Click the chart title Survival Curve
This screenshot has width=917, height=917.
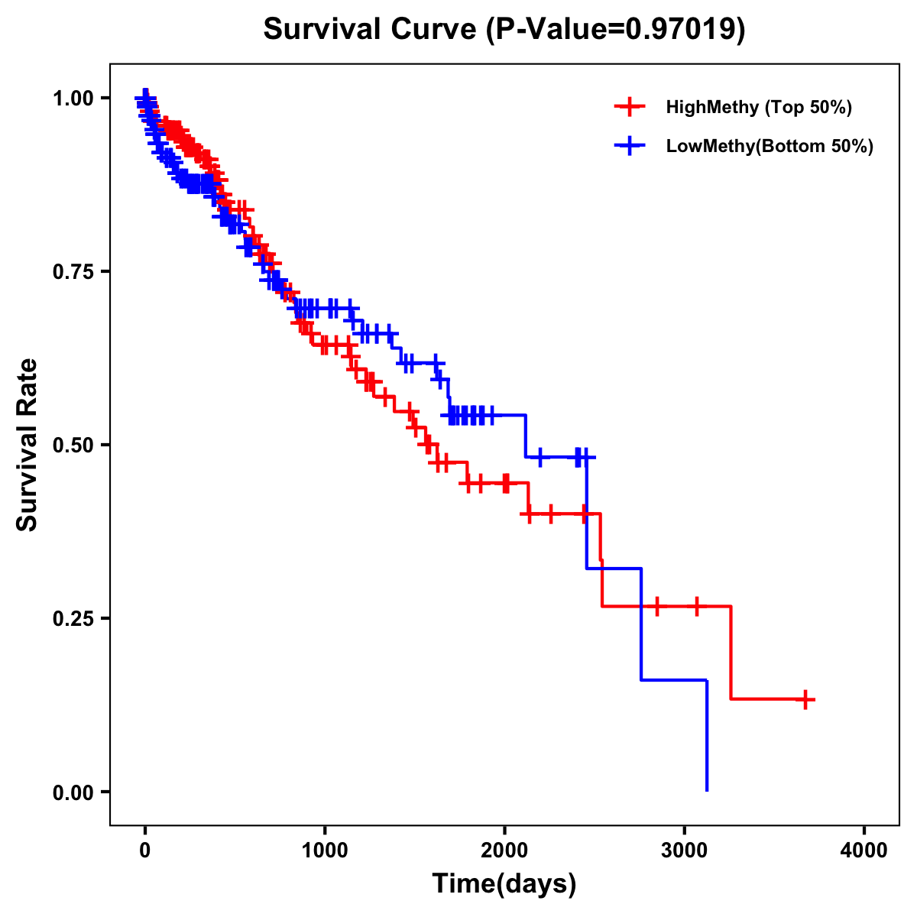click(371, 30)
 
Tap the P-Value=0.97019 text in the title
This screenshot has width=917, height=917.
click(617, 30)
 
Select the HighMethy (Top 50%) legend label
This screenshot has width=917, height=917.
click(758, 108)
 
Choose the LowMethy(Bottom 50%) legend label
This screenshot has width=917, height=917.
click(769, 146)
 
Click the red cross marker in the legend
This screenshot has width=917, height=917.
click(630, 107)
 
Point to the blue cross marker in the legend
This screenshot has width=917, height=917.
click(630, 145)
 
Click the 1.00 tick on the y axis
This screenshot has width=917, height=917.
click(73, 98)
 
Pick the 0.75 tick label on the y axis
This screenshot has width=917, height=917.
click(73, 271)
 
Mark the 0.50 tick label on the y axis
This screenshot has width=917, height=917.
click(73, 445)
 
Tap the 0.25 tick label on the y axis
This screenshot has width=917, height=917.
click(73, 618)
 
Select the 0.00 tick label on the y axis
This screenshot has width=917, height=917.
click(73, 792)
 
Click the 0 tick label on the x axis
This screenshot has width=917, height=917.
click(145, 851)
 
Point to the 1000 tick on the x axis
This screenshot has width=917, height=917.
click(325, 851)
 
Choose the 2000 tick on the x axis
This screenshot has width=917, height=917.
click(504, 851)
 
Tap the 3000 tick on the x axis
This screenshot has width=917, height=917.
click(684, 851)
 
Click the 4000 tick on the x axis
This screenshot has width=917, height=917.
click(864, 851)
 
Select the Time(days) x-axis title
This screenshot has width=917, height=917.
click(504, 884)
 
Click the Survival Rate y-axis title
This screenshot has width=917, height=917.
click(28, 445)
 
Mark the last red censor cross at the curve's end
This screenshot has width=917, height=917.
click(805, 699)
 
